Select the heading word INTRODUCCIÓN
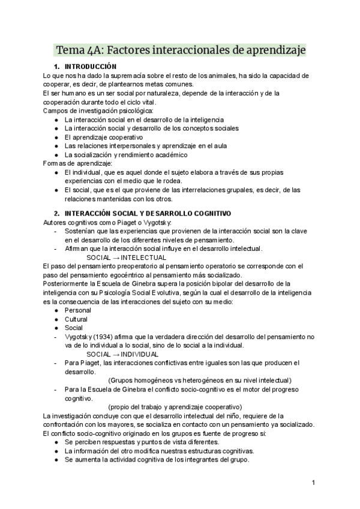(91, 66)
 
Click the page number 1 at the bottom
(313, 482)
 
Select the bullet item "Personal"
(77, 310)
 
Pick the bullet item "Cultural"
(76, 319)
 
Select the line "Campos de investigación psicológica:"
(98, 110)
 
